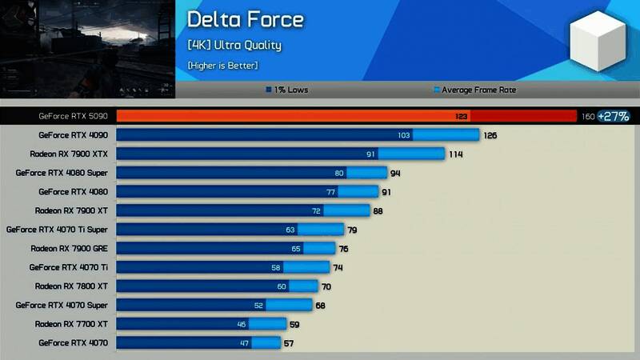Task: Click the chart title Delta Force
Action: (245, 20)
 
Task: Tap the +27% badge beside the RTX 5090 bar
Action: (614, 117)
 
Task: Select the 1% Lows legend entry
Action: (287, 90)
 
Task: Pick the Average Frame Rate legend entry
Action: (474, 90)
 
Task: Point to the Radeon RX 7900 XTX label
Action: (68, 154)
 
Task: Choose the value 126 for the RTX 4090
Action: (490, 135)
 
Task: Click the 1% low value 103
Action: (403, 135)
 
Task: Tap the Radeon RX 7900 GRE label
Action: (69, 248)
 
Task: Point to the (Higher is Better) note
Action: (222, 65)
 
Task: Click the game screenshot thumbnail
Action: (86, 48)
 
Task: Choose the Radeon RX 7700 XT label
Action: (70, 324)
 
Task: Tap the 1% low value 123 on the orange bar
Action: (462, 117)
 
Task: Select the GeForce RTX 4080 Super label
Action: (66, 173)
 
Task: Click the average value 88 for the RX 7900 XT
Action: (378, 210)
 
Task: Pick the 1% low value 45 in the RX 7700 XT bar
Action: (241, 324)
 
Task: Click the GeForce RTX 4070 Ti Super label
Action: (57, 230)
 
